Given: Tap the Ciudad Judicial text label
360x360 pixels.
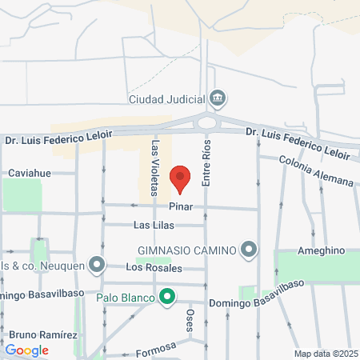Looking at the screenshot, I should (x=167, y=100).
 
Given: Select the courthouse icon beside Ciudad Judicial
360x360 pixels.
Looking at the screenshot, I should (x=217, y=99).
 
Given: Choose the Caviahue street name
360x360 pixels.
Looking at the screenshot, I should (x=30, y=172).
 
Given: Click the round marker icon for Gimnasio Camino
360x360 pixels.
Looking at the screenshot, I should (x=249, y=250).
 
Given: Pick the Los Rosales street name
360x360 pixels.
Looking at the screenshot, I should (x=154, y=267).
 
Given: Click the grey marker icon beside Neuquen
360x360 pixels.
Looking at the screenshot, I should (x=98, y=263).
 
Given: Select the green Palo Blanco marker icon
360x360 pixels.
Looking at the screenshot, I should (x=167, y=298).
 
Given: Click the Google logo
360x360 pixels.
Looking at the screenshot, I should (x=26, y=350).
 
